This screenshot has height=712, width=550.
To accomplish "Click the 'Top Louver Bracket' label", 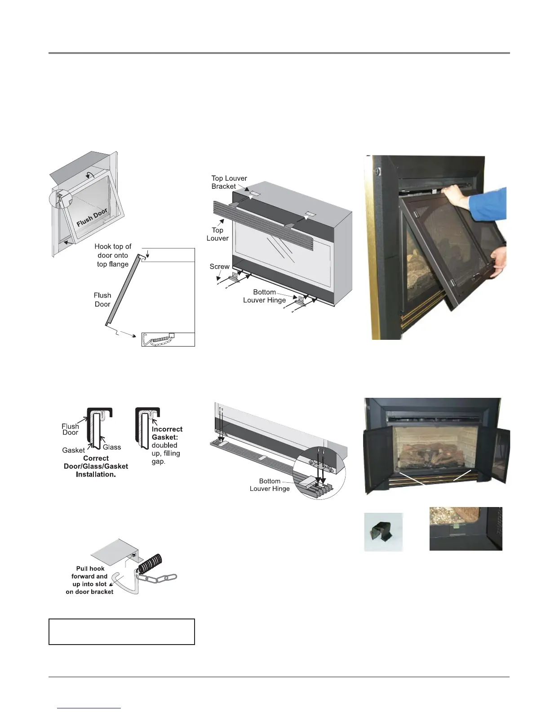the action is pyautogui.click(x=229, y=182).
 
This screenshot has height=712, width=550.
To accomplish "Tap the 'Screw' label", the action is pyautogui.click(x=219, y=267).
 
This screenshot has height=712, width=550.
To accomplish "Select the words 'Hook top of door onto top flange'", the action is pyautogui.click(x=113, y=255).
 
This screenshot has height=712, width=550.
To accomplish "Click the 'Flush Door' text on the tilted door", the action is pyautogui.click(x=92, y=218).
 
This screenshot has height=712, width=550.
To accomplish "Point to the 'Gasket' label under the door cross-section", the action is pyautogui.click(x=73, y=450).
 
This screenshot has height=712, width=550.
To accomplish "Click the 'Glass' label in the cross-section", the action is pyautogui.click(x=112, y=447).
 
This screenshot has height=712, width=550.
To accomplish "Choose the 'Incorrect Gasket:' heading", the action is pyautogui.click(x=167, y=433).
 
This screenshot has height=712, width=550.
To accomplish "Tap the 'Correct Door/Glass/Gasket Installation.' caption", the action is pyautogui.click(x=96, y=466).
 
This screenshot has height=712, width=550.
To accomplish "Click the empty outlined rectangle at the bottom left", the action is pyautogui.click(x=121, y=632).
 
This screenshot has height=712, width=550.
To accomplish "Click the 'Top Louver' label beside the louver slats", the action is pyautogui.click(x=217, y=234).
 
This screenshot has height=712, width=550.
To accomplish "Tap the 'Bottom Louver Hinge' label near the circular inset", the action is pyautogui.click(x=269, y=485).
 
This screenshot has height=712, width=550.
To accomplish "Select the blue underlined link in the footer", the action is pyautogui.click(x=89, y=708).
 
